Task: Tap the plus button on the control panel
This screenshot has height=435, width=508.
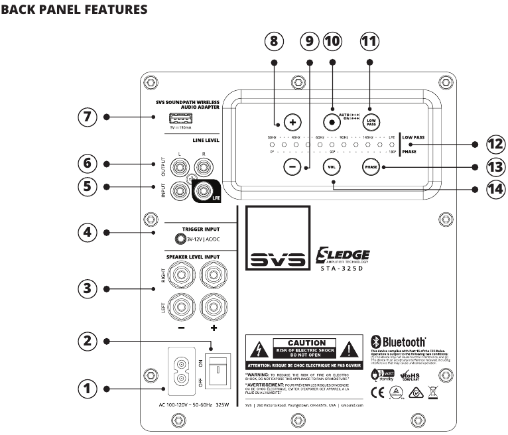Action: click(292, 122)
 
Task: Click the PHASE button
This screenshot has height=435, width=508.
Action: click(371, 167)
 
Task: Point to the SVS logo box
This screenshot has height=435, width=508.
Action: click(278, 239)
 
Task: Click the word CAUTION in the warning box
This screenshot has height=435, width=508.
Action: click(306, 343)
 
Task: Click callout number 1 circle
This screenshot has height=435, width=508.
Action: click(87, 388)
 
